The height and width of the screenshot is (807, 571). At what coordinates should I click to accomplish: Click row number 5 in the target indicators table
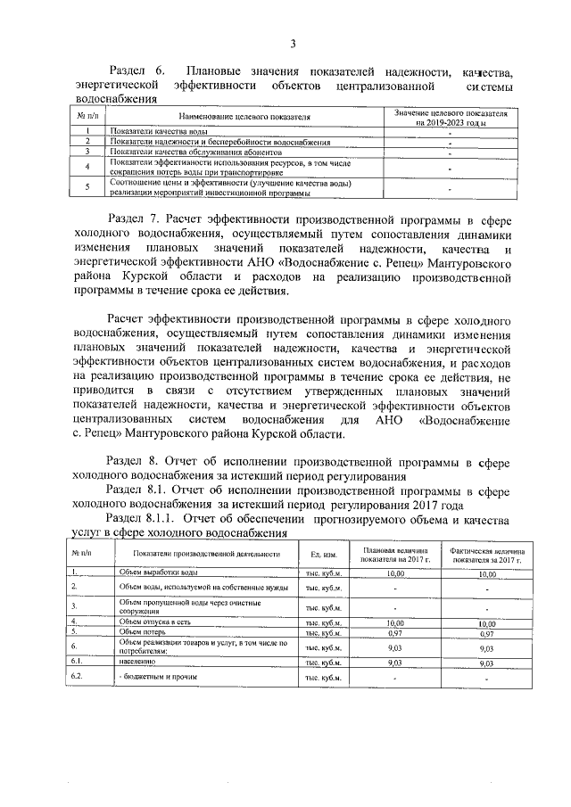pyautogui.click(x=87, y=186)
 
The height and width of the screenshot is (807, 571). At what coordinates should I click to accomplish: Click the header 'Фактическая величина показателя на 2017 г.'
pyautogui.click(x=486, y=555)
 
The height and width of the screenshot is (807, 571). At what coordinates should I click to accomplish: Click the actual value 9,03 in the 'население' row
pyautogui.click(x=486, y=663)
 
